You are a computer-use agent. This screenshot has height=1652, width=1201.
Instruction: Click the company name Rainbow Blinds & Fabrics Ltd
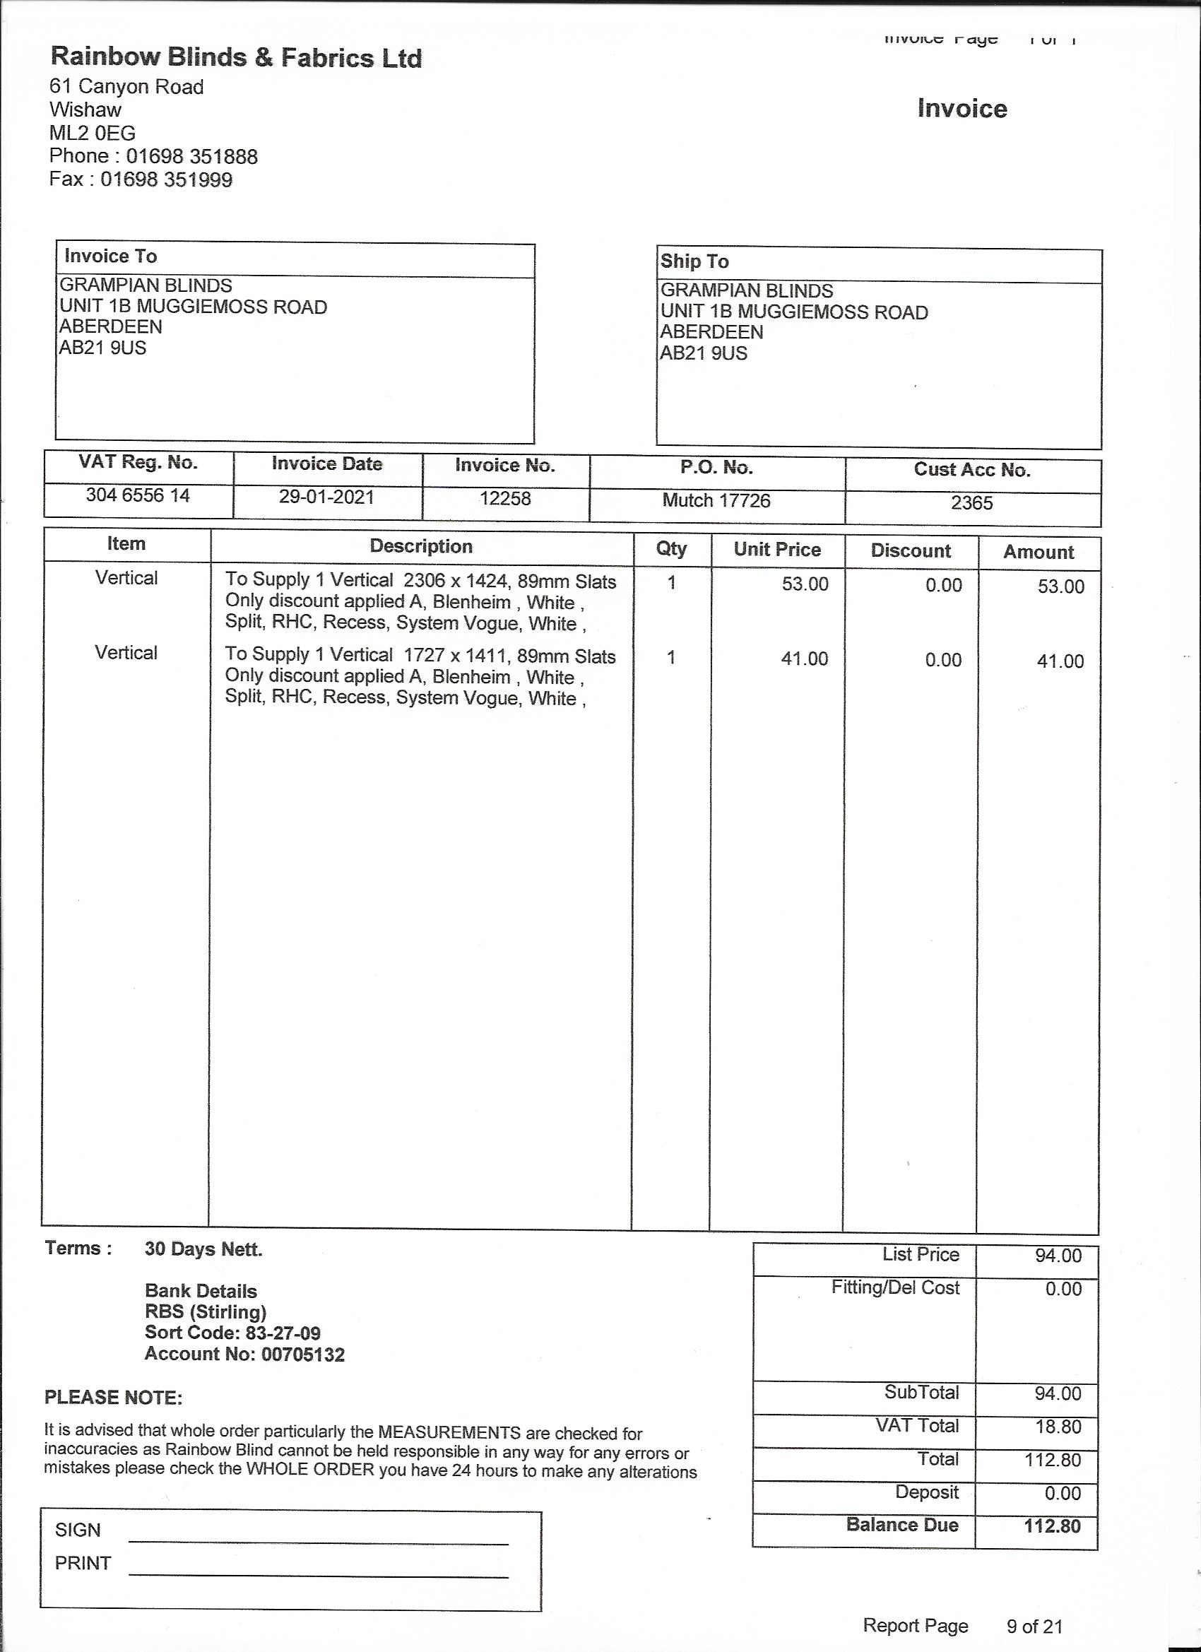236,57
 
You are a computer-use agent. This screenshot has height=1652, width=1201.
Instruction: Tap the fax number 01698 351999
166,179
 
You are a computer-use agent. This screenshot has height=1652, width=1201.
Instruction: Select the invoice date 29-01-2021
326,497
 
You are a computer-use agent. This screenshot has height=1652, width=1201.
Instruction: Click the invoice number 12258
504,498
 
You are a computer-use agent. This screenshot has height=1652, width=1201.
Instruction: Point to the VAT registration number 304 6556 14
138,495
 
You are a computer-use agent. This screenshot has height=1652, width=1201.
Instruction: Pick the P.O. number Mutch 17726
716,500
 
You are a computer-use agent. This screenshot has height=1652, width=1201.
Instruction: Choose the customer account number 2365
971,502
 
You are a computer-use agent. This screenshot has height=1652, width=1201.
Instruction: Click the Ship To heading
694,261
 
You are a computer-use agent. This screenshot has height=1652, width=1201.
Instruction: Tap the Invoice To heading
111,256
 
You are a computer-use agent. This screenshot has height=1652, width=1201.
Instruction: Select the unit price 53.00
805,584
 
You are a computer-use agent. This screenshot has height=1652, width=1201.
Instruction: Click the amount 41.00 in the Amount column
1060,661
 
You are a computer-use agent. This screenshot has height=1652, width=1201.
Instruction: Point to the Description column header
421,546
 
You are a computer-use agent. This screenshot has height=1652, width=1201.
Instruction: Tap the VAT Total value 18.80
1058,1426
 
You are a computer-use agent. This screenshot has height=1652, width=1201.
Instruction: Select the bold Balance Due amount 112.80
1052,1526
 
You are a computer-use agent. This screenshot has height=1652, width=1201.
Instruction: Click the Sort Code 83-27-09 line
232,1333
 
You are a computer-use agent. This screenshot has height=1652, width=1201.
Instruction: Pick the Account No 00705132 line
244,1354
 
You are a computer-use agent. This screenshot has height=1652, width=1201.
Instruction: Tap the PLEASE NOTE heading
113,1398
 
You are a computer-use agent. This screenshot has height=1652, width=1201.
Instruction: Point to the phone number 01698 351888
191,156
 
